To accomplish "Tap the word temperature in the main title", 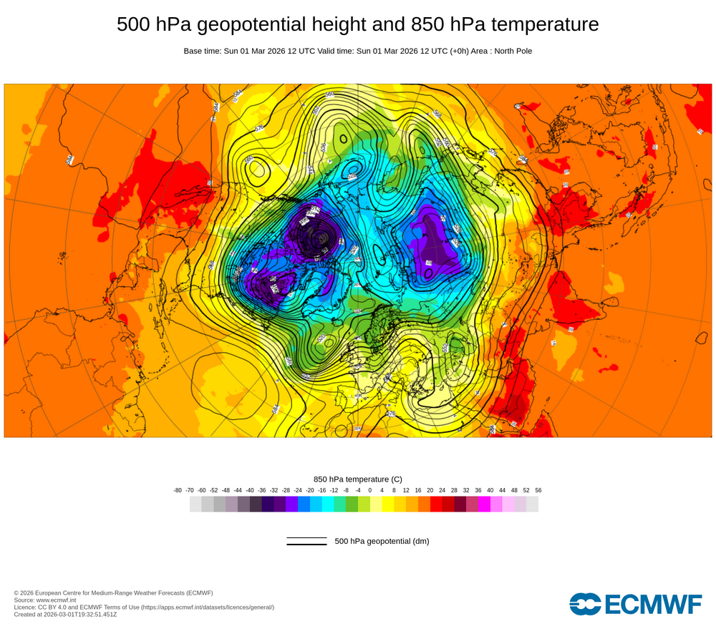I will (x=541, y=24).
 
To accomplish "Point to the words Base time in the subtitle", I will (x=202, y=51).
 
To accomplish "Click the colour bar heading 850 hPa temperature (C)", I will (x=358, y=479).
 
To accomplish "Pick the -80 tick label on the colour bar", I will (x=178, y=490).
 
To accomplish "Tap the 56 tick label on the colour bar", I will (x=538, y=490).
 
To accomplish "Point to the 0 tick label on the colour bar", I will (x=370, y=490).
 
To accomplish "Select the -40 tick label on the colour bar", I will (x=250, y=490).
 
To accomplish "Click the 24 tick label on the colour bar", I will (x=442, y=490).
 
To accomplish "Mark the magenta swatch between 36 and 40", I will (x=484, y=504).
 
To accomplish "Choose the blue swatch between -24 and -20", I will (x=304, y=504).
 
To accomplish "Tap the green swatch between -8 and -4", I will (x=352, y=504).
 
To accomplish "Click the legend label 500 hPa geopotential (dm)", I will (x=382, y=541).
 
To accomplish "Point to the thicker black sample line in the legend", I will (x=306, y=545).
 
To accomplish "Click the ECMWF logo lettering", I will (x=653, y=604).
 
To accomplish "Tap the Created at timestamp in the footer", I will (x=65, y=614).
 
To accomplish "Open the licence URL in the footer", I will (x=207, y=607).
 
